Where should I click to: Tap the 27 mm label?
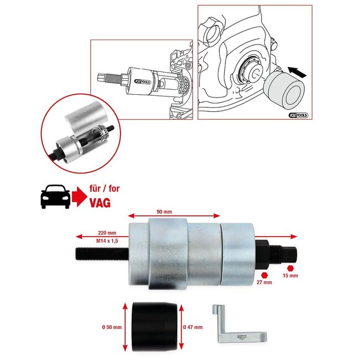point(264,282)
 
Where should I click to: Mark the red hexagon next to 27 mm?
point(265,274)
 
